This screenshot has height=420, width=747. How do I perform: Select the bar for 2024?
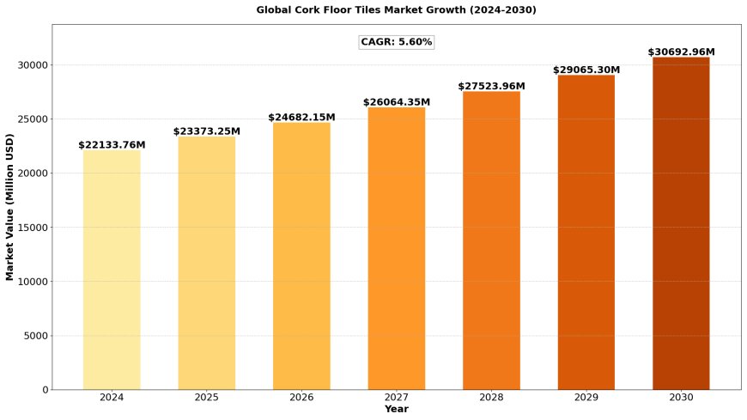pos(112,270)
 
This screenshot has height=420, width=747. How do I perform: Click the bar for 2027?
pos(397,248)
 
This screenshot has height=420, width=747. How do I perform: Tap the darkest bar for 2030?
pos(681,223)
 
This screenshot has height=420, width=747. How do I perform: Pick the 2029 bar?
pos(586,232)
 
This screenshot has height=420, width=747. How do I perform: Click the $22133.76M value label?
pos(112,144)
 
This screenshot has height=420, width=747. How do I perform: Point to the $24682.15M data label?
pos(301,118)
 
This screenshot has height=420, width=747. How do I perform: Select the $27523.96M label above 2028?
pos(491,86)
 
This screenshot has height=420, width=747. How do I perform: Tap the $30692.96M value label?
pos(681,52)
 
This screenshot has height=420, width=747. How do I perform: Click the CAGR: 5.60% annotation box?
pos(397,42)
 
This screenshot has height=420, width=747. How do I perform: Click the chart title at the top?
pos(397,10)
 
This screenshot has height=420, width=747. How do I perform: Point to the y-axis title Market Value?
pos(9,207)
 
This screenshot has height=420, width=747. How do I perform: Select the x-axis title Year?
pos(397,409)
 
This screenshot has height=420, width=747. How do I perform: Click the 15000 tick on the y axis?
pos(33,228)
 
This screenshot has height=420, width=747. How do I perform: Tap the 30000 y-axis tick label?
pos(33,64)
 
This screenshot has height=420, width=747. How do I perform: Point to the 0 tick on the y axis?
pos(46,390)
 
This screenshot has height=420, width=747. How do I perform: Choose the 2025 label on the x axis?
pos(206,398)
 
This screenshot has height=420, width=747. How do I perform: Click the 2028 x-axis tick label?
pos(491,398)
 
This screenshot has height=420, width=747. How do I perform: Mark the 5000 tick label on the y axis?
pos(36,336)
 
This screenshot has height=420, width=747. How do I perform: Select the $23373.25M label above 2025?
pos(207,131)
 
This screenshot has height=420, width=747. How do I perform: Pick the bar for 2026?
pos(301,256)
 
